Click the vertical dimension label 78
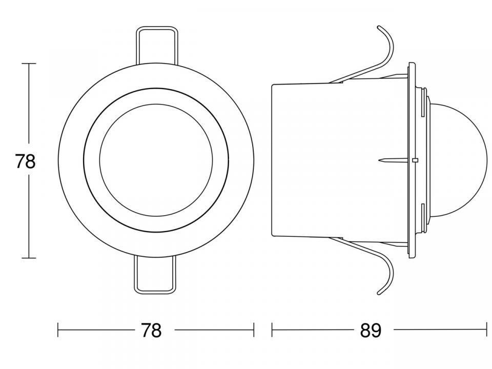(x=25, y=162)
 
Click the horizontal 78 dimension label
(x=151, y=330)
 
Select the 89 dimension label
(x=371, y=330)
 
